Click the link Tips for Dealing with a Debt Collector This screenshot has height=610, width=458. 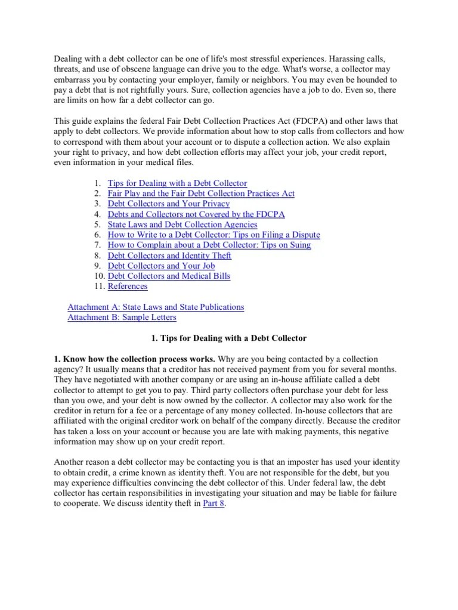tap(177, 183)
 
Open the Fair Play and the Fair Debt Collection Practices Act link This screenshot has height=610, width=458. tap(201, 194)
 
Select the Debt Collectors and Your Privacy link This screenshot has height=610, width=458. tap(168, 204)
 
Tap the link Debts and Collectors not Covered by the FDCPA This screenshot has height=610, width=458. tap(196, 214)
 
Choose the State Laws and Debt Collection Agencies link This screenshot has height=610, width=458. tap(182, 225)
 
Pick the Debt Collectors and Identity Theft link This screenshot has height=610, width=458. tap(169, 256)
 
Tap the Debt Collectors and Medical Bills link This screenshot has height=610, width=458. tap(169, 276)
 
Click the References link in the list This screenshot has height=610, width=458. tap(128, 286)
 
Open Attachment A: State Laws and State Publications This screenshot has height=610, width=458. tap(156, 307)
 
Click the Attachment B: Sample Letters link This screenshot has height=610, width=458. tap(122, 317)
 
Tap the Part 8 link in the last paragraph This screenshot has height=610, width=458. tap(213, 503)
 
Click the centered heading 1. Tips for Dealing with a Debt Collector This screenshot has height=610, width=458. tap(229, 338)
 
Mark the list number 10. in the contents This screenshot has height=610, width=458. tap(98, 276)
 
